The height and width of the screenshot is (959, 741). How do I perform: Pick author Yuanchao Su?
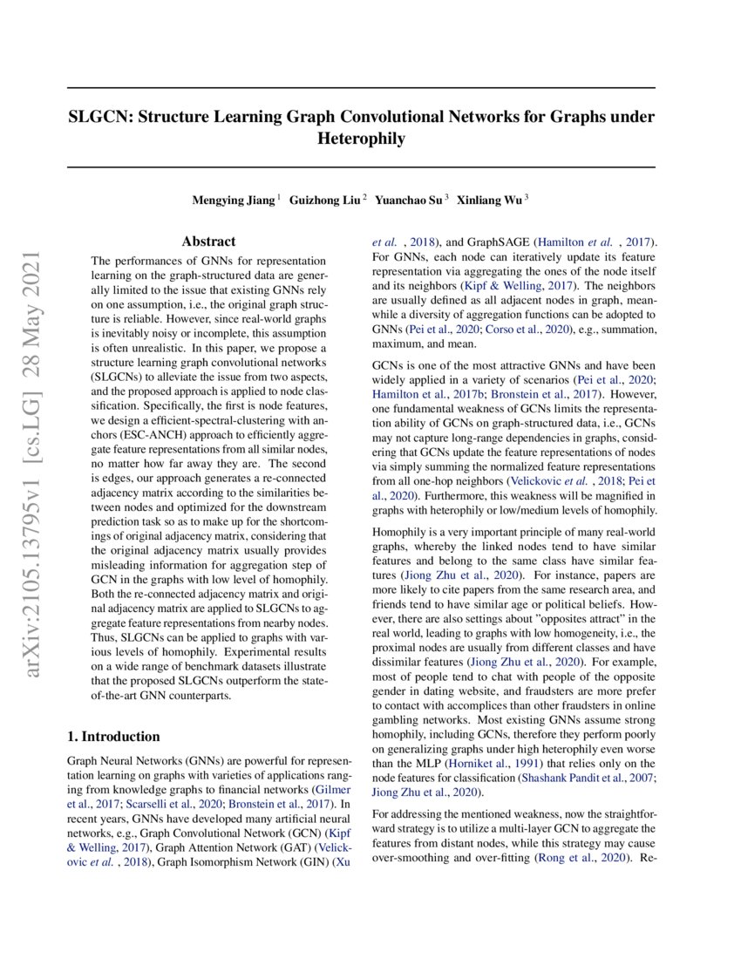tap(407, 201)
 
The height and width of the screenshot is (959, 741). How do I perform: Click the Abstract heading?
tap(208, 241)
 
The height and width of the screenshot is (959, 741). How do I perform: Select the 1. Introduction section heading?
tap(113, 737)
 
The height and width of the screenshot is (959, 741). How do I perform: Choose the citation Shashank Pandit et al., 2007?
tap(586, 777)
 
